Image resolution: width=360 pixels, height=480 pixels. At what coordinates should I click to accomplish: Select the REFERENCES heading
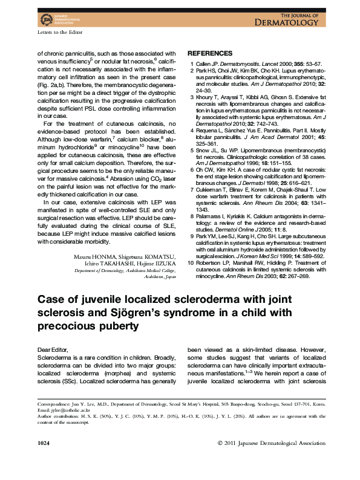(x=210, y=53)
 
